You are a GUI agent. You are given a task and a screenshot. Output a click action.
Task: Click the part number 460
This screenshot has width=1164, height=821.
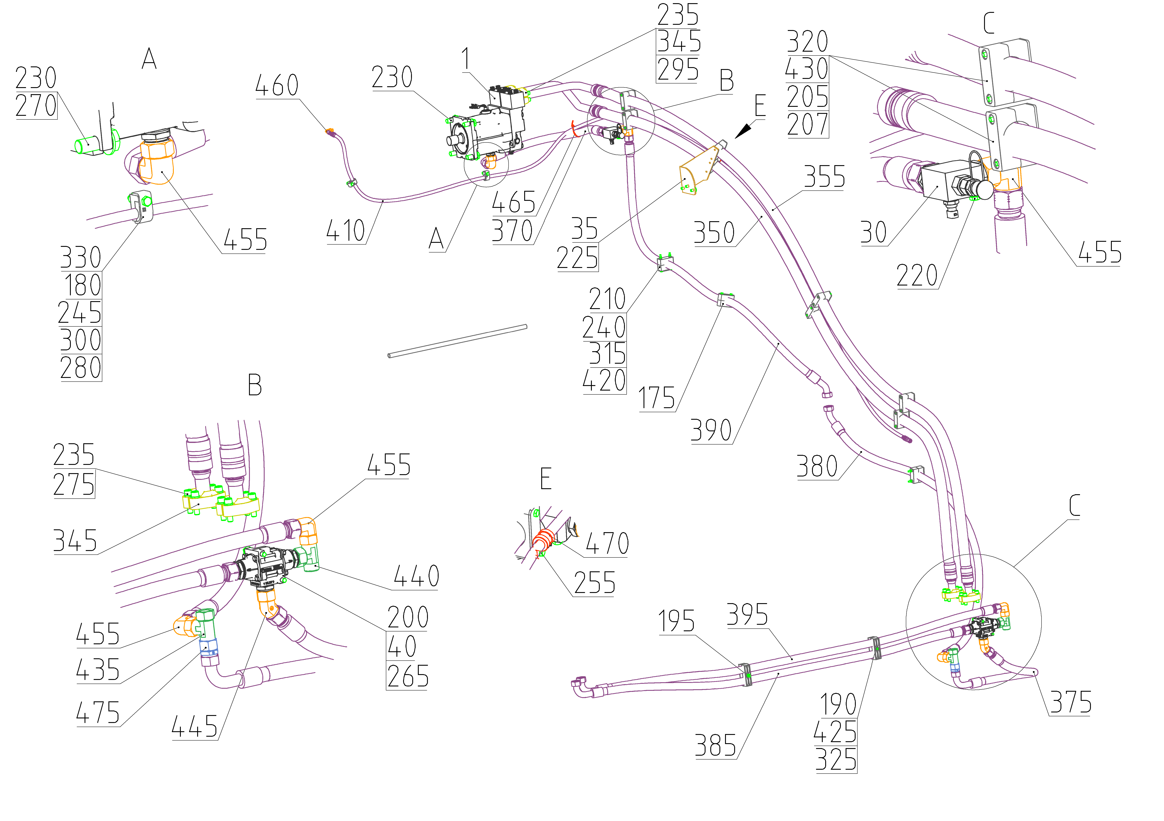[277, 86]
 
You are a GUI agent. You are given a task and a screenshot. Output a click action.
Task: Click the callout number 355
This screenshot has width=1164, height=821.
[824, 177]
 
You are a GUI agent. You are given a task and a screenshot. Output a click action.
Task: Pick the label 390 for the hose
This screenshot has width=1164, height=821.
[711, 431]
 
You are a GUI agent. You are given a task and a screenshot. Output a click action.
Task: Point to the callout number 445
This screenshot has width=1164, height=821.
[195, 727]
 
